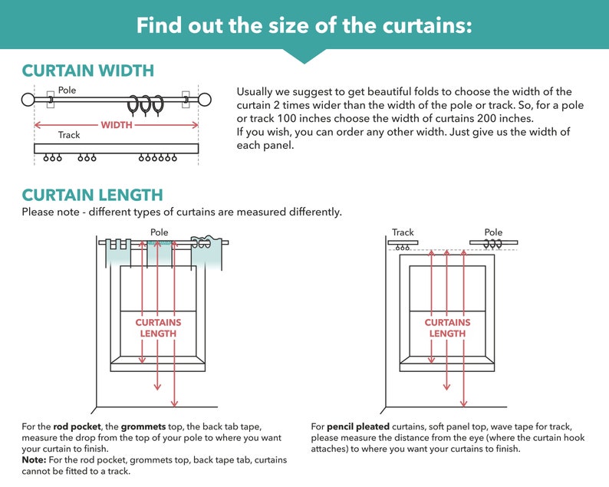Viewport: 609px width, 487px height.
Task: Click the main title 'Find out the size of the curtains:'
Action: (304, 25)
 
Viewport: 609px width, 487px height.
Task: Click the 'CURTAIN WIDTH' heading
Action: (87, 71)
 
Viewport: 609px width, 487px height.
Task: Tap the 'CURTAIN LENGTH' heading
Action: (92, 195)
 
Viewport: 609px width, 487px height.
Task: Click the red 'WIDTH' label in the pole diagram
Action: (117, 124)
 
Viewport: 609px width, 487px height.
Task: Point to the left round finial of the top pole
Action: (28, 100)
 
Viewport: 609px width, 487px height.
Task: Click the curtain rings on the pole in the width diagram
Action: (145, 104)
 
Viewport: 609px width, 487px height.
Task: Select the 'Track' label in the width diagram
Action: (69, 135)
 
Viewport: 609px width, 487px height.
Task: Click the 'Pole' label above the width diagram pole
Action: (67, 90)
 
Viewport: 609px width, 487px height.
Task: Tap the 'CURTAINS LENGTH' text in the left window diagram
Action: (158, 327)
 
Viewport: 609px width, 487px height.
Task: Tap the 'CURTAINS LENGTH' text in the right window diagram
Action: (447, 327)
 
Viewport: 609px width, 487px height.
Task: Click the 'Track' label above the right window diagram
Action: (403, 232)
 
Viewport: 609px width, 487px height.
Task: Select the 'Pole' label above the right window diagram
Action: (493, 232)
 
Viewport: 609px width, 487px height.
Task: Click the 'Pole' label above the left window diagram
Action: (160, 232)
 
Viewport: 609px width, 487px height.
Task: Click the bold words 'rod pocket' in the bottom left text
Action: (75, 426)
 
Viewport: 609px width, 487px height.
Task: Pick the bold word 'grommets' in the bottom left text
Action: (142, 426)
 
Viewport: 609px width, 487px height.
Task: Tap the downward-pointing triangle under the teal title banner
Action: (304, 56)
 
